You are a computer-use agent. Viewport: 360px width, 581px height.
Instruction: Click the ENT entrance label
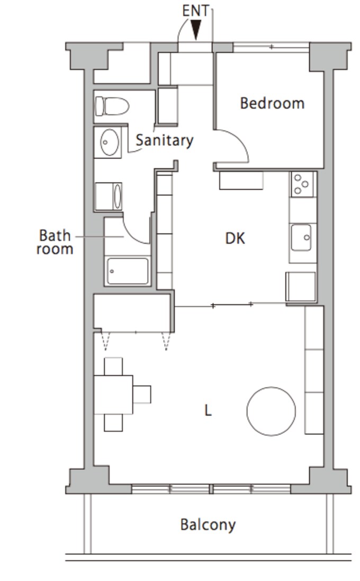[x=195, y=11]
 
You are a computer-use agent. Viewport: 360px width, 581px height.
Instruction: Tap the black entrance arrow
[x=195, y=30]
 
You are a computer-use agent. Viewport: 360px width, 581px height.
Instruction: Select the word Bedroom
[x=272, y=103]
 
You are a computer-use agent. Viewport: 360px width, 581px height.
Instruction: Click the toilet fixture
[x=112, y=106]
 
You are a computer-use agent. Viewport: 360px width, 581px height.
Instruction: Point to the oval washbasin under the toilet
[x=110, y=142]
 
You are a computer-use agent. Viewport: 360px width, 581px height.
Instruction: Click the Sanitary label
[x=165, y=140]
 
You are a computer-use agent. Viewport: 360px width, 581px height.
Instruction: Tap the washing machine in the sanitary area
[x=109, y=196]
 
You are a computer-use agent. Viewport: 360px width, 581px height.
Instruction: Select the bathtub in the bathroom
[x=128, y=271]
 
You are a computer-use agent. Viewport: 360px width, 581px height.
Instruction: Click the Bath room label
[x=55, y=242]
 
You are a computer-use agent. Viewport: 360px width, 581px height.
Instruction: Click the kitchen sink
[x=301, y=237]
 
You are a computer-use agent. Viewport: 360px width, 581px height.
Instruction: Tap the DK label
[x=235, y=238]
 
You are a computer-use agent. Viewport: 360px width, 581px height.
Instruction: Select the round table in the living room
[x=271, y=412]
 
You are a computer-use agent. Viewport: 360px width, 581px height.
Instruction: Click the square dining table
[x=113, y=395]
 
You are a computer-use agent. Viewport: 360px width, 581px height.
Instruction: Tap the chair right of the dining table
[x=142, y=394]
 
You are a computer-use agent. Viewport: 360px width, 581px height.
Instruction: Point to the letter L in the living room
[x=208, y=410]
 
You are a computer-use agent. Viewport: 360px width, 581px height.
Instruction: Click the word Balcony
[x=208, y=525]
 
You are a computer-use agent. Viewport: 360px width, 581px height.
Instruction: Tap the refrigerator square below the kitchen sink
[x=301, y=287]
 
